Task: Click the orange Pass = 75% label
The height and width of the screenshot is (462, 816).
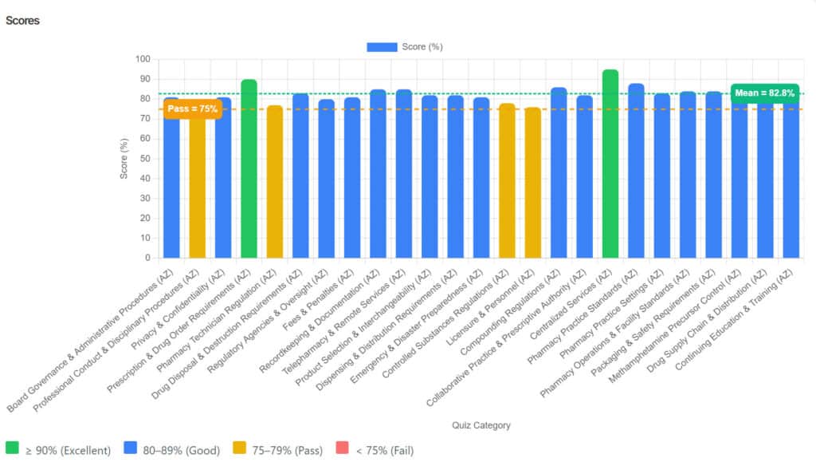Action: pyautogui.click(x=192, y=109)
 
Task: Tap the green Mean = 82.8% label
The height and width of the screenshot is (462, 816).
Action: pyautogui.click(x=764, y=93)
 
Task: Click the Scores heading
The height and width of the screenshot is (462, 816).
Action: pyautogui.click(x=22, y=21)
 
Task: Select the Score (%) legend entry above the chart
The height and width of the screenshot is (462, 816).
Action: pyautogui.click(x=405, y=47)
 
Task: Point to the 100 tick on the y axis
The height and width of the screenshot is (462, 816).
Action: pyautogui.click(x=143, y=59)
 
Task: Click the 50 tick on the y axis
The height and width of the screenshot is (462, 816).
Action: pyautogui.click(x=145, y=159)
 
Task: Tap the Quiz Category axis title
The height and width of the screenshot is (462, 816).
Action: pyautogui.click(x=481, y=425)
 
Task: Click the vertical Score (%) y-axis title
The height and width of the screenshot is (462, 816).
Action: pyautogui.click(x=124, y=158)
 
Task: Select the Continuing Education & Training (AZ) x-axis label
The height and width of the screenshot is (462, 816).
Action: pyautogui.click(x=745, y=319)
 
